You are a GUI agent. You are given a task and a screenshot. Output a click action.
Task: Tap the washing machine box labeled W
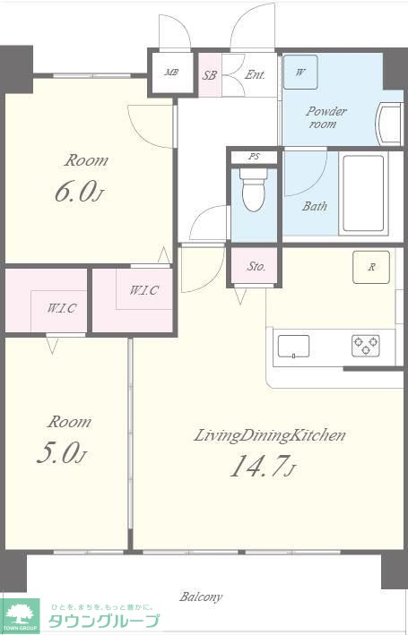coord(300,72)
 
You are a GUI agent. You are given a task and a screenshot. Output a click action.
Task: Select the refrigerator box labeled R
coord(371,267)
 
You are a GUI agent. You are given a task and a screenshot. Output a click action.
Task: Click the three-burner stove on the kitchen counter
coord(366,346)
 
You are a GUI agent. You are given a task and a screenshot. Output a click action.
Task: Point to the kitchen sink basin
coord(293,347)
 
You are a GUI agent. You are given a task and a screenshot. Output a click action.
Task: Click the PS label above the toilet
coord(254,157)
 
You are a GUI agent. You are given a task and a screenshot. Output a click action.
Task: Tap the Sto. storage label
coord(256,266)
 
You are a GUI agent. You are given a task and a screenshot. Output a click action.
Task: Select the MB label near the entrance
coord(172,73)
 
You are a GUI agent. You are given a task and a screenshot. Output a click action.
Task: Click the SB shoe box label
coord(210,75)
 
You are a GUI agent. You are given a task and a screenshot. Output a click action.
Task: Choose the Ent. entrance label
coord(255,74)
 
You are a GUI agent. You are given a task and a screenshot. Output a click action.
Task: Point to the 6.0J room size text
coord(80,192)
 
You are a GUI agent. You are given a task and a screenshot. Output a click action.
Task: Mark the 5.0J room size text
coord(61,453)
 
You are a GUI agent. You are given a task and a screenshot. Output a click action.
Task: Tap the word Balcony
coord(201,596)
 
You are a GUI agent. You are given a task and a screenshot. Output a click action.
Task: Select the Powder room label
coord(326,117)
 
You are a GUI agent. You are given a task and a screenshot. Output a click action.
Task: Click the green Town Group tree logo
coord(20,615)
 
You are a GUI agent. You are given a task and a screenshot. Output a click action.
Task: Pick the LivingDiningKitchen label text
coord(270,436)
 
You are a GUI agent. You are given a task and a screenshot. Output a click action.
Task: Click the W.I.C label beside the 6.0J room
coord(144,290)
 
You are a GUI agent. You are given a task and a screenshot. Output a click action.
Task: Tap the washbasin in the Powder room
coord(390,124)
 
